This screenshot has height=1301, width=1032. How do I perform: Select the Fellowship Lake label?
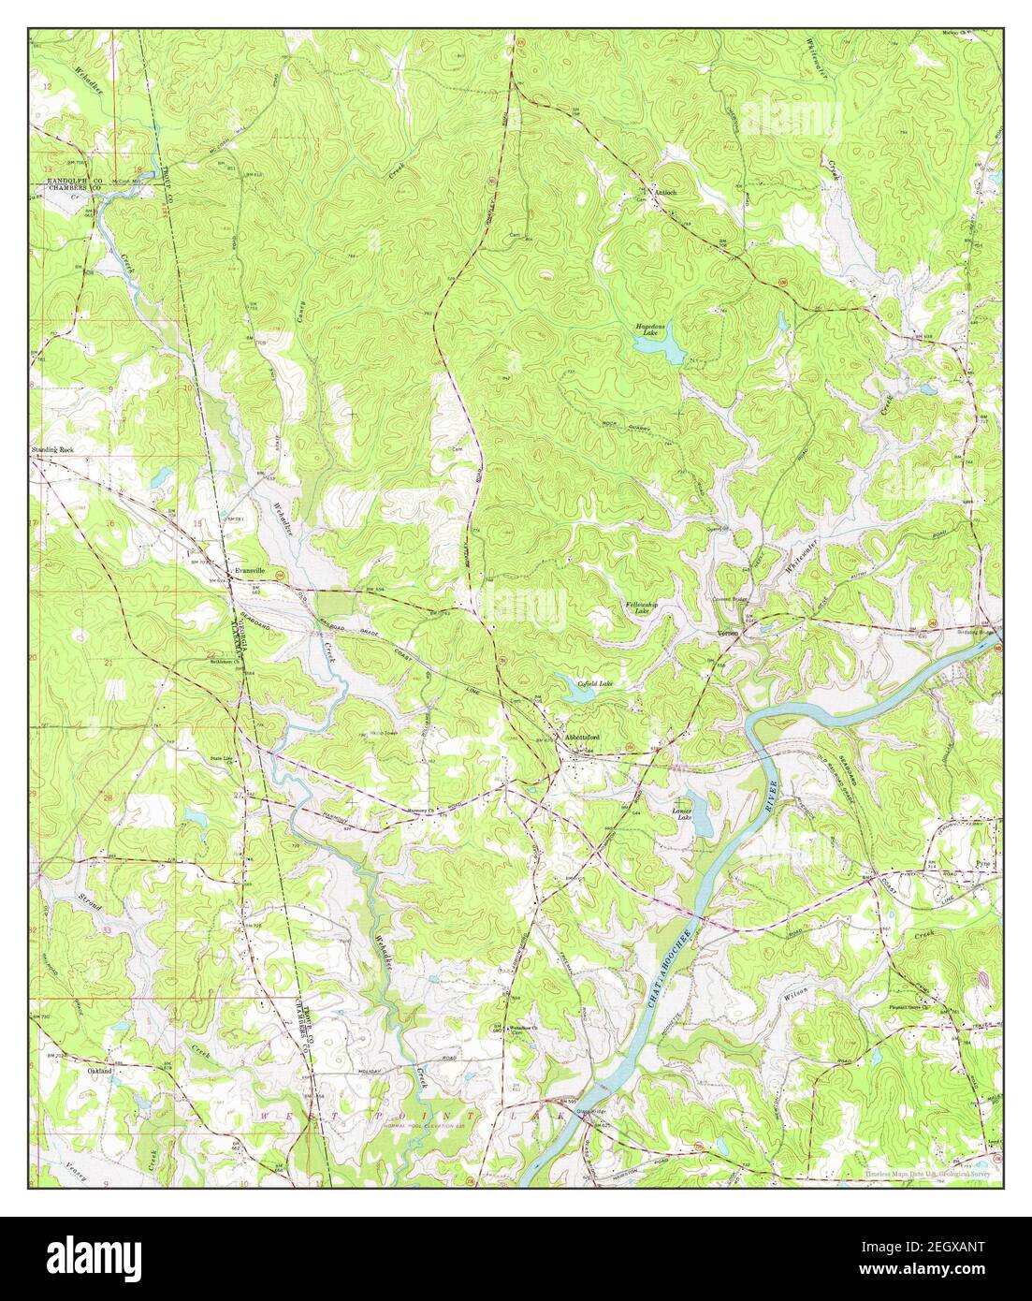[x=644, y=608]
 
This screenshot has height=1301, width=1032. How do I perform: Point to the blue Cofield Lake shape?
[x=573, y=690]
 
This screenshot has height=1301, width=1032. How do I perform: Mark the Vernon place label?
[x=728, y=633]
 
